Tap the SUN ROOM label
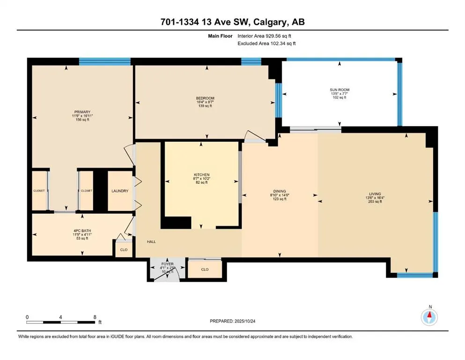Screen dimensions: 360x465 [340, 90]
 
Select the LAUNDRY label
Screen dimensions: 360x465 [120, 191]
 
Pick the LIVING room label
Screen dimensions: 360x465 [375, 194]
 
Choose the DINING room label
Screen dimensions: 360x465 [280, 191]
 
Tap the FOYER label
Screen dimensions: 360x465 [167, 264]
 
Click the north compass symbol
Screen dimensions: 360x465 [429, 317]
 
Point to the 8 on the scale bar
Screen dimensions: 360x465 [95, 317]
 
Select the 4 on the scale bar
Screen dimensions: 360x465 [61, 317]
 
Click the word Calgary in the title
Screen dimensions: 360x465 [265, 22]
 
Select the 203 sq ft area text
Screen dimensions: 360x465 [375, 202]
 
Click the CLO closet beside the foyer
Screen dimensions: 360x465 [205, 270]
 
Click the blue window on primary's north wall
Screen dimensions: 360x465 [104, 61]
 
